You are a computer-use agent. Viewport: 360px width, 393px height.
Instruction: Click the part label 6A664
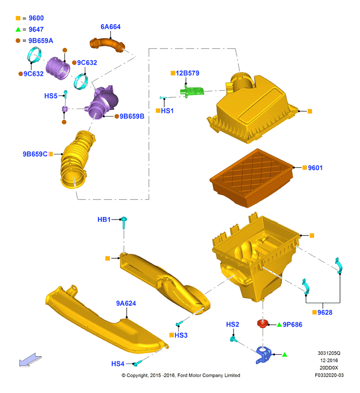click(110, 27)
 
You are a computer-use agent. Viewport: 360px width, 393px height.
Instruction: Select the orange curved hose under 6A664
click(107, 44)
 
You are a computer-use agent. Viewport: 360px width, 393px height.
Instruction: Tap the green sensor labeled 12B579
click(192, 91)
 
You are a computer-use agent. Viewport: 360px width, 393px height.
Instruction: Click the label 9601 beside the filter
click(315, 168)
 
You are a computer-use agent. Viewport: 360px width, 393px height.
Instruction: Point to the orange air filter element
click(251, 178)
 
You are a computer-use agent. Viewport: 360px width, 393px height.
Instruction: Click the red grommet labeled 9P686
click(263, 323)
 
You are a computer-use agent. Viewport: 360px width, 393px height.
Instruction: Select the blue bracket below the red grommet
click(264, 355)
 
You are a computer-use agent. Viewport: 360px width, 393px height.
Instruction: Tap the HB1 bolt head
click(124, 220)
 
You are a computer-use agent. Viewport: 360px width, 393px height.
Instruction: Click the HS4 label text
click(118, 363)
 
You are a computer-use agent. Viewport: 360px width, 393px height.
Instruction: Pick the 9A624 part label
click(126, 303)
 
